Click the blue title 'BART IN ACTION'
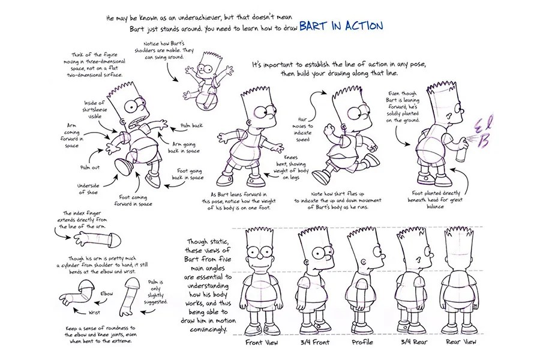tap(340, 26)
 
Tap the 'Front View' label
tap(262, 342)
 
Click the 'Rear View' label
tap(461, 342)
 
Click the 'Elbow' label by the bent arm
tap(107, 293)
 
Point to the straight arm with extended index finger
tap(96, 241)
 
